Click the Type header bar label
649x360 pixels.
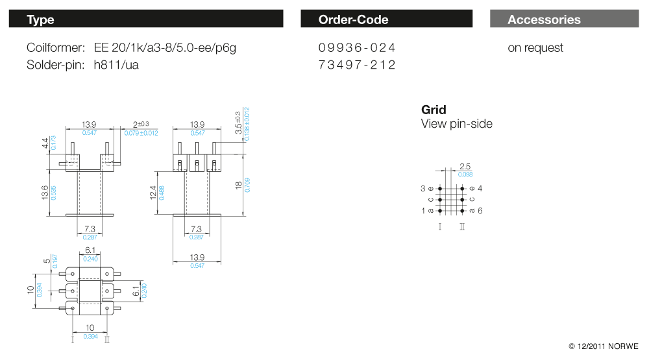(40, 19)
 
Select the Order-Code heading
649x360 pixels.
(353, 19)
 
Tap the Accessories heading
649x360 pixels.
(544, 19)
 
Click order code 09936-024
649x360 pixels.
(357, 47)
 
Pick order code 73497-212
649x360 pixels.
(357, 65)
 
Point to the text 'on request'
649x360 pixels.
(535, 47)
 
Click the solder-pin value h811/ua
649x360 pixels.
(116, 65)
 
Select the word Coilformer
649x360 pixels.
(56, 47)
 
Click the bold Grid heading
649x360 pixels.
(434, 110)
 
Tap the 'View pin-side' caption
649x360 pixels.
(457, 123)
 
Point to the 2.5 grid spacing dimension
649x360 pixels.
(465, 167)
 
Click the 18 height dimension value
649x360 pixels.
(239, 186)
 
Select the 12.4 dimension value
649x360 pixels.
(154, 192)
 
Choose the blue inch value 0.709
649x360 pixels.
(247, 186)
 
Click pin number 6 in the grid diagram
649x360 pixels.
(480, 211)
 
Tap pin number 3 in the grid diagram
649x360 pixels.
(423, 188)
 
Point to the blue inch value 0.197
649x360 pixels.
(55, 261)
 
